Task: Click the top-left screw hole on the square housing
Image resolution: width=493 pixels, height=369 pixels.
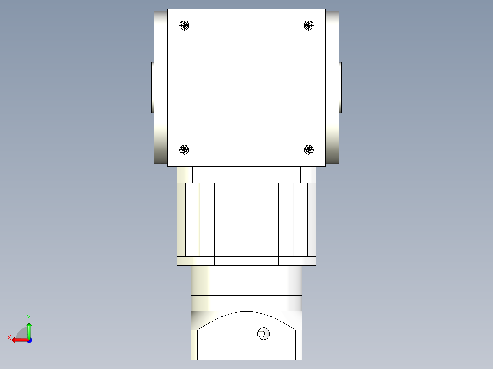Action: point(184,26)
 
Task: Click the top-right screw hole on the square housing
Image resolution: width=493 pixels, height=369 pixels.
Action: point(309,26)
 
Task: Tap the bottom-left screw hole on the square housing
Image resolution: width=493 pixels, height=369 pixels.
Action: point(184,149)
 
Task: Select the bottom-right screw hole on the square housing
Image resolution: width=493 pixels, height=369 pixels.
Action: point(309,149)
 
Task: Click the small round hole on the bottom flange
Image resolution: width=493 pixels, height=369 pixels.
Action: point(263,334)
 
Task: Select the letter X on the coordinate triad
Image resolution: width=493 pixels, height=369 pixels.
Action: point(9,338)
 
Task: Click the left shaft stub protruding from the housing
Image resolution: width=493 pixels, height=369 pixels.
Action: point(152,87)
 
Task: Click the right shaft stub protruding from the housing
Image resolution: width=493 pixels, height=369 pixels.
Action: point(340,87)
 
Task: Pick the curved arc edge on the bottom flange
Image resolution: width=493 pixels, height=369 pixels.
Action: point(246,313)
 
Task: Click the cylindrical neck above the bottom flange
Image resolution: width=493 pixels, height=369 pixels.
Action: point(246,281)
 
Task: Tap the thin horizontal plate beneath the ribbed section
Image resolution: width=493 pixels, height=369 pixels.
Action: point(246,261)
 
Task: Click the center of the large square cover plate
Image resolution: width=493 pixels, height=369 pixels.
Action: point(246,87)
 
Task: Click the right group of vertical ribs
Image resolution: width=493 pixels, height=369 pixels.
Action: point(297,219)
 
